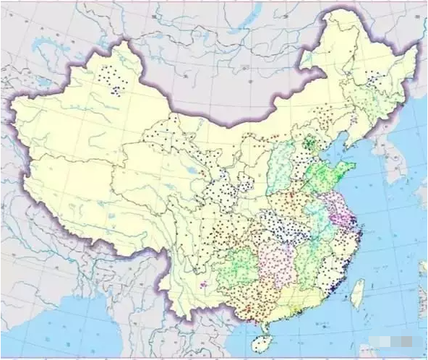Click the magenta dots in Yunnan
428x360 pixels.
(x=204, y=283)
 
